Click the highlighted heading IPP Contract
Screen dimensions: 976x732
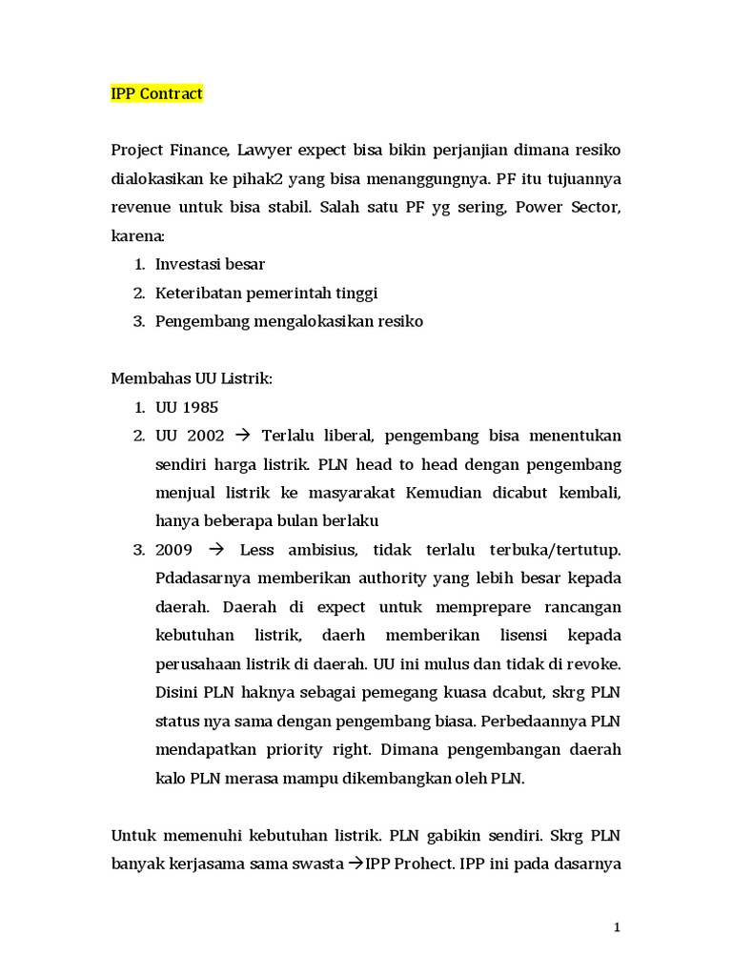[157, 94]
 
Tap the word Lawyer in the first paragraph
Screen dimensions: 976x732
[266, 151]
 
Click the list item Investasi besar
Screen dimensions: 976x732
[210, 264]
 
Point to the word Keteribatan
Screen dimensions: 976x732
[197, 293]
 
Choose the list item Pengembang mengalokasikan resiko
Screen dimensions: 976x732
[289, 321]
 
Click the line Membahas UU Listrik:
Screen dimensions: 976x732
[192, 378]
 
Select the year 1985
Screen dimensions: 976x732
[200, 407]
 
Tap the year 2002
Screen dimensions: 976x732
[206, 436]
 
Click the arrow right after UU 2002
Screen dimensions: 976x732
[241, 436]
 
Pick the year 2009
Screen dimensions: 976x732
[174, 550]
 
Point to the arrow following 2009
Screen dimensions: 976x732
[215, 550]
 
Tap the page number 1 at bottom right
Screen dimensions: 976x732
[617, 927]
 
